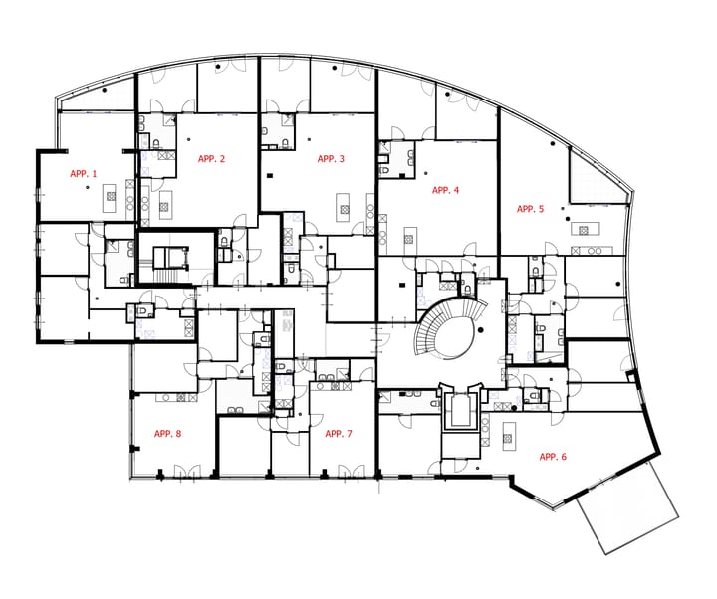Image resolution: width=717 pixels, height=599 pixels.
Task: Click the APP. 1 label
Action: coord(84,173)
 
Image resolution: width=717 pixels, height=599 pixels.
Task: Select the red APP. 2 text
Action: coord(211,159)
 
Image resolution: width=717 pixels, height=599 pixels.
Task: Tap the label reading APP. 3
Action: coord(331,159)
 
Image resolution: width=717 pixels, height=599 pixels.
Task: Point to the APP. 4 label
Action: coord(445,189)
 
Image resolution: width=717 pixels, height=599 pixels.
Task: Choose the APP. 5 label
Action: coord(530,209)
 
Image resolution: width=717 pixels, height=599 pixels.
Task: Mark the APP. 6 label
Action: coord(553,457)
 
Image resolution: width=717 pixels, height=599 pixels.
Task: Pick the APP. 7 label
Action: coord(339,434)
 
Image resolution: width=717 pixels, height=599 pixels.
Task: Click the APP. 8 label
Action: coord(167,434)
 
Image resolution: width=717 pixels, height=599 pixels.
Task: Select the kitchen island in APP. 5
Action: coord(580,231)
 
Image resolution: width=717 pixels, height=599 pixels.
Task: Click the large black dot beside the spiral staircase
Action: coord(479,329)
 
